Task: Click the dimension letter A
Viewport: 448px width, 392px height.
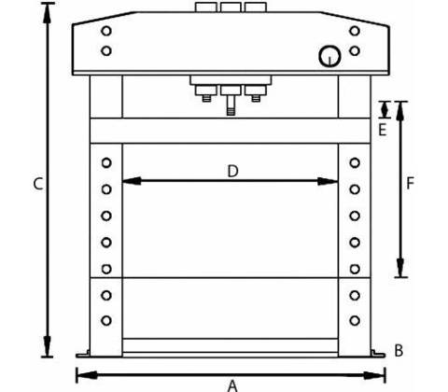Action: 232,385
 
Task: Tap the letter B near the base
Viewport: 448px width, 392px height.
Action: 399,350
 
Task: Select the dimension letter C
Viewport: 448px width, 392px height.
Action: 38,184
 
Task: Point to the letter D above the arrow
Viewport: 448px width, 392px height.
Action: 232,172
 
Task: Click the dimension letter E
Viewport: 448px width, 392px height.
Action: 383,130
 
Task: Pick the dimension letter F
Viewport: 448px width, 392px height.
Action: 411,183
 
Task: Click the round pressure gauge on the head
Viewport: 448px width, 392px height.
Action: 329,56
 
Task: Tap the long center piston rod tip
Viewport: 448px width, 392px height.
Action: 231,111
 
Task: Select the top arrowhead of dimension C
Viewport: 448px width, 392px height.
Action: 47,13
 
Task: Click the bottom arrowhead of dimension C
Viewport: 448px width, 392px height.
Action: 47,346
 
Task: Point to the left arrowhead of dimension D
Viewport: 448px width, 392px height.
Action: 132,181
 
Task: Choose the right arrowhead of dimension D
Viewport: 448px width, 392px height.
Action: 328,181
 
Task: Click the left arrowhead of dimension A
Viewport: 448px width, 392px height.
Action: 87,375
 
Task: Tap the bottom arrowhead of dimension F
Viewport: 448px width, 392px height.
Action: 400,267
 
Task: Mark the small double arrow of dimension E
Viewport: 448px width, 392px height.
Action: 385,110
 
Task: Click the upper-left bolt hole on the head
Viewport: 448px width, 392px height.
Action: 106,31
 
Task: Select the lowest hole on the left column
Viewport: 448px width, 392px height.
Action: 106,320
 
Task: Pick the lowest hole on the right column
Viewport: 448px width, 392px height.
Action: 355,320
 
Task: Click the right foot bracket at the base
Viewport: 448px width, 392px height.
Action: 378,353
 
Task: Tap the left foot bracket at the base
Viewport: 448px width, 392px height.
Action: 83,354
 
